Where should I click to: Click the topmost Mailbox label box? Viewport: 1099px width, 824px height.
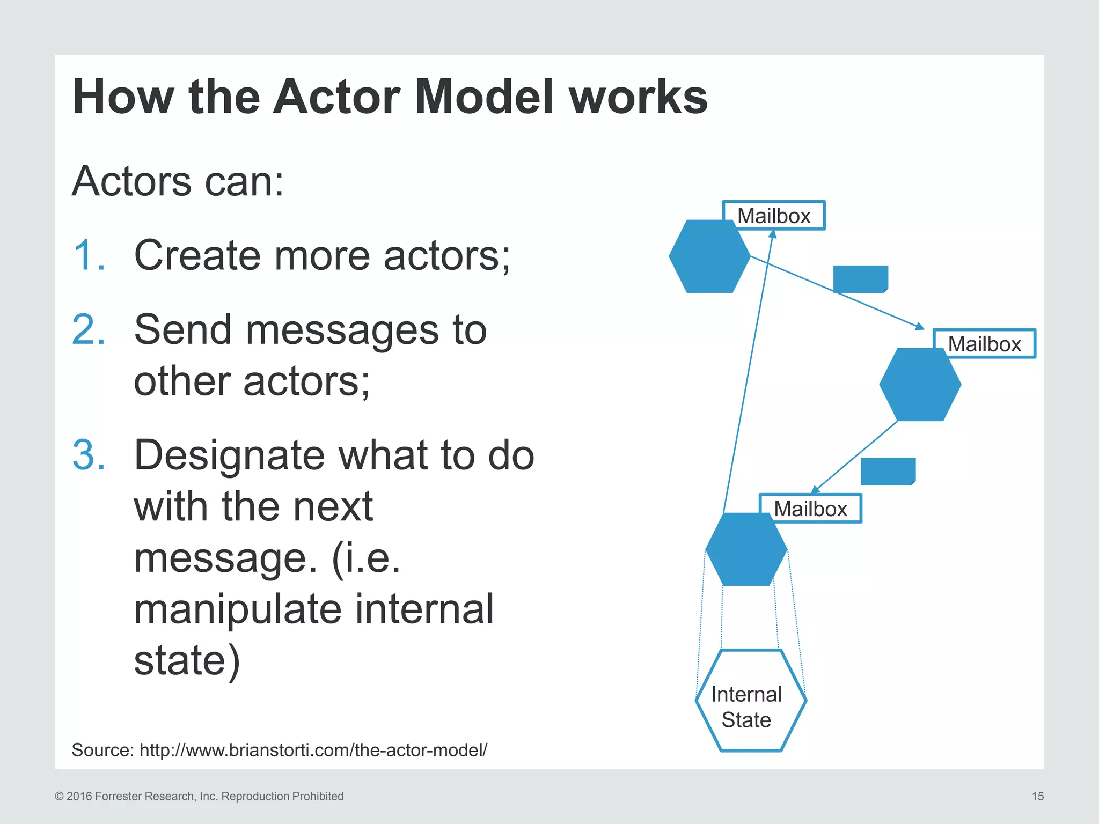coord(773,216)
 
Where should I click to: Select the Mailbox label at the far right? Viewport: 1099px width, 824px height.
coord(984,344)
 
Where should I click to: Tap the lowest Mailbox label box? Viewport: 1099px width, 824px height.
coord(810,509)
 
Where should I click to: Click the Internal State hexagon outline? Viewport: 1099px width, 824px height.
coord(750,701)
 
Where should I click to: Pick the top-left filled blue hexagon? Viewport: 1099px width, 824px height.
coord(709,256)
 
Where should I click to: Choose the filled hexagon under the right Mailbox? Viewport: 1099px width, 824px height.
coord(920,385)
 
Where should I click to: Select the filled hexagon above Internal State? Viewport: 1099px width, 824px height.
coord(746,549)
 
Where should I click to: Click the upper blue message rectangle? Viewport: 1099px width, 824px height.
coord(860,279)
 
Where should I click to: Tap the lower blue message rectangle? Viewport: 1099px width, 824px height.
coord(888,471)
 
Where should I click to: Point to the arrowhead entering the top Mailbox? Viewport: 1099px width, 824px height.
coord(773,234)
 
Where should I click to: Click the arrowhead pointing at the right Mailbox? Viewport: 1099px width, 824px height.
coord(920,326)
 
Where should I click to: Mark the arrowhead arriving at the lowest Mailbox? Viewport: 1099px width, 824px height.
coord(815,489)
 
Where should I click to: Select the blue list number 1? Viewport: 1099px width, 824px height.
coord(89,255)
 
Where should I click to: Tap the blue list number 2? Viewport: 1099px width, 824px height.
coord(89,329)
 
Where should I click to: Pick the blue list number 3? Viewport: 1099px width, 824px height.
coord(89,455)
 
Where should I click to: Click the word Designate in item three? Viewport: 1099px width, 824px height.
coord(229,455)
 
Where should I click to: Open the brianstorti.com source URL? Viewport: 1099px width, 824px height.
coord(313,750)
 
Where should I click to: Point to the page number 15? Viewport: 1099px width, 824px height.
coord(1037,796)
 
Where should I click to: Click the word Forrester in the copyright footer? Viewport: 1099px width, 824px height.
coord(118,796)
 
